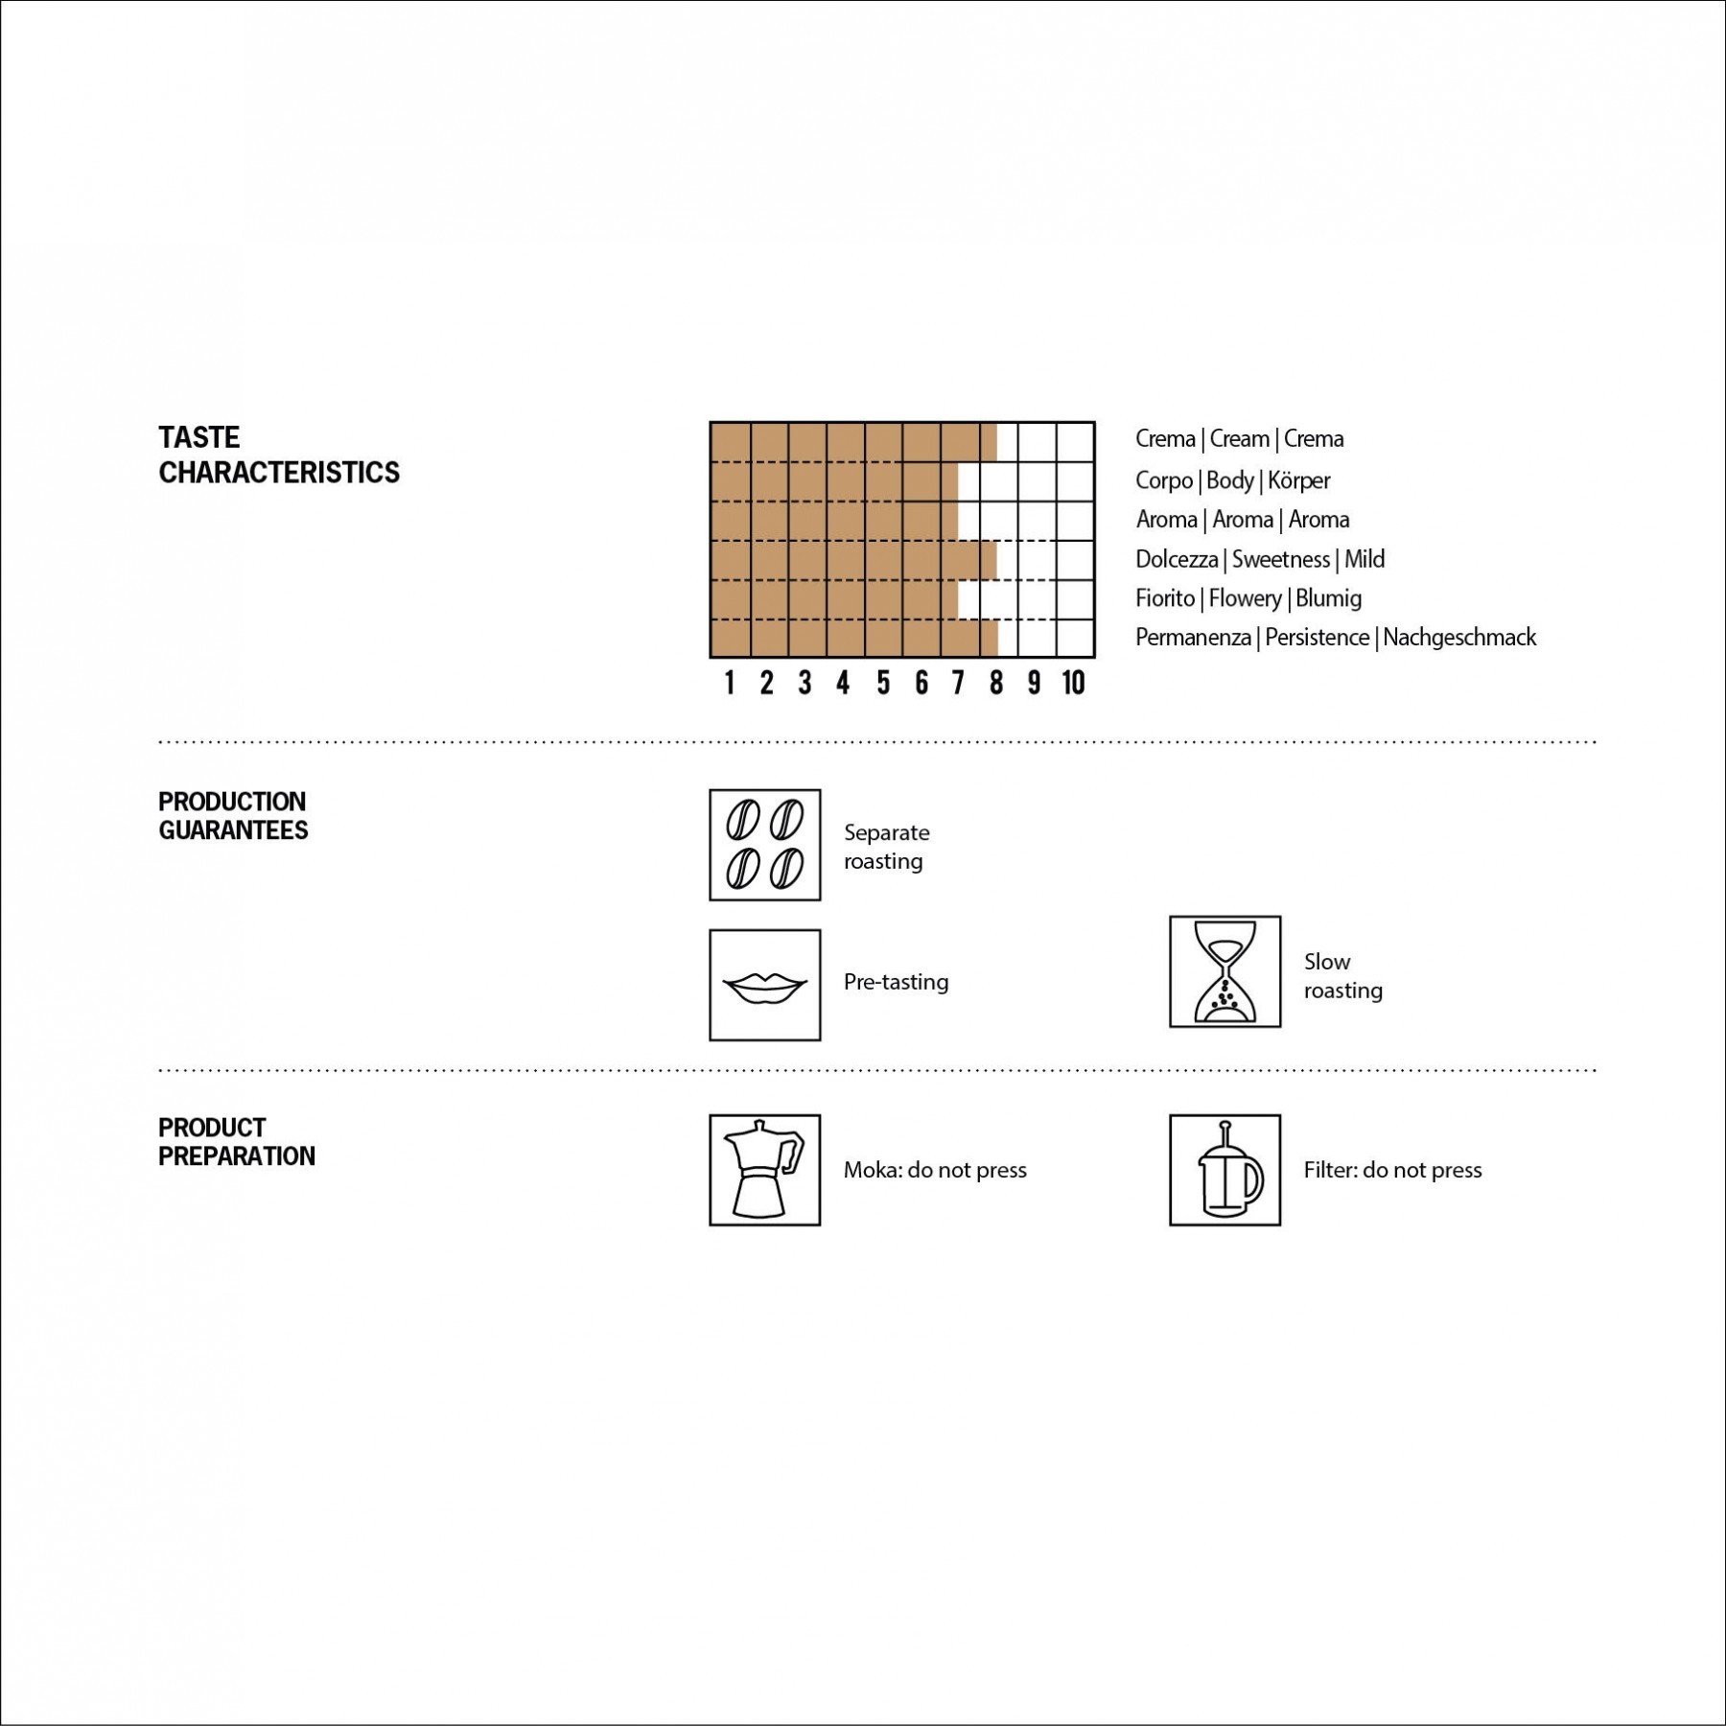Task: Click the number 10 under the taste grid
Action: pyautogui.click(x=1073, y=683)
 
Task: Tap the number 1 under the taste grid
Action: pyautogui.click(x=730, y=683)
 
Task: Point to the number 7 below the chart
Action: pyautogui.click(x=958, y=683)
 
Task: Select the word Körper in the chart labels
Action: pyautogui.click(x=1299, y=479)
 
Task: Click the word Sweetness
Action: pyautogui.click(x=1281, y=558)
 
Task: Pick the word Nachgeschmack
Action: pyautogui.click(x=1459, y=637)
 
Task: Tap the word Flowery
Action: pyautogui.click(x=1245, y=598)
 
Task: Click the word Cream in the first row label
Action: pyautogui.click(x=1239, y=438)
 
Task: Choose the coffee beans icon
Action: pyautogui.click(x=765, y=845)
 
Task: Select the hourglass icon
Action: pyautogui.click(x=1225, y=971)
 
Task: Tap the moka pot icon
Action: pyautogui.click(x=765, y=1170)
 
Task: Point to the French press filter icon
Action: pyautogui.click(x=1225, y=1170)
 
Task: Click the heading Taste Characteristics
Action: pyautogui.click(x=279, y=455)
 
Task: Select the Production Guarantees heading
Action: pyautogui.click(x=233, y=816)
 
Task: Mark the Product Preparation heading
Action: pyautogui.click(x=237, y=1142)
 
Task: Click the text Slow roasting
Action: pyautogui.click(x=1342, y=975)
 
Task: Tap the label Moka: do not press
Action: pyautogui.click(x=935, y=1170)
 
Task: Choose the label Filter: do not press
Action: pyautogui.click(x=1392, y=1170)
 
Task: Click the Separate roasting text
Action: pyautogui.click(x=887, y=847)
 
